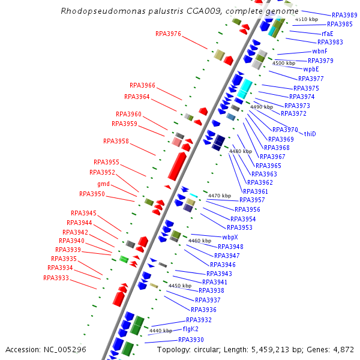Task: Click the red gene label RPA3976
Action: coord(168,34)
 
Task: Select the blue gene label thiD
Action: coord(310,134)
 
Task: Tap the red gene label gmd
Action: coord(103,184)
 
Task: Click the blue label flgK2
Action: coord(190,329)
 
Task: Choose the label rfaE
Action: coord(328,34)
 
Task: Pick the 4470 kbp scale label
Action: coord(219,196)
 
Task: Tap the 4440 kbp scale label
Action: coord(160,331)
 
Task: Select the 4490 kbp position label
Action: coord(262,107)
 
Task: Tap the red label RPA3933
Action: coord(56,278)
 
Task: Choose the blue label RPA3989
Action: coord(344,16)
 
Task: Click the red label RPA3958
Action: coord(116,142)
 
